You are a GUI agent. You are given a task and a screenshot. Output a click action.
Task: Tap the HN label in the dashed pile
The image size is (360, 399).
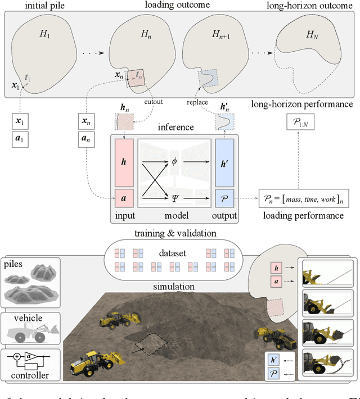coord(312,35)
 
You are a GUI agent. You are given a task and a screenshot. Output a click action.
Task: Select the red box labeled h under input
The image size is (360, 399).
coord(124,160)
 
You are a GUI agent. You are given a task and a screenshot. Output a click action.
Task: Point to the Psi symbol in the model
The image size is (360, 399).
coord(175,197)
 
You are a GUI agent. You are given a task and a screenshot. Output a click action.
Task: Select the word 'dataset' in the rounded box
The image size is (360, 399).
coord(174,254)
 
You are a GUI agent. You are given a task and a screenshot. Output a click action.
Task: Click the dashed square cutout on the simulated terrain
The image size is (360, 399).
coord(149,344)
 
